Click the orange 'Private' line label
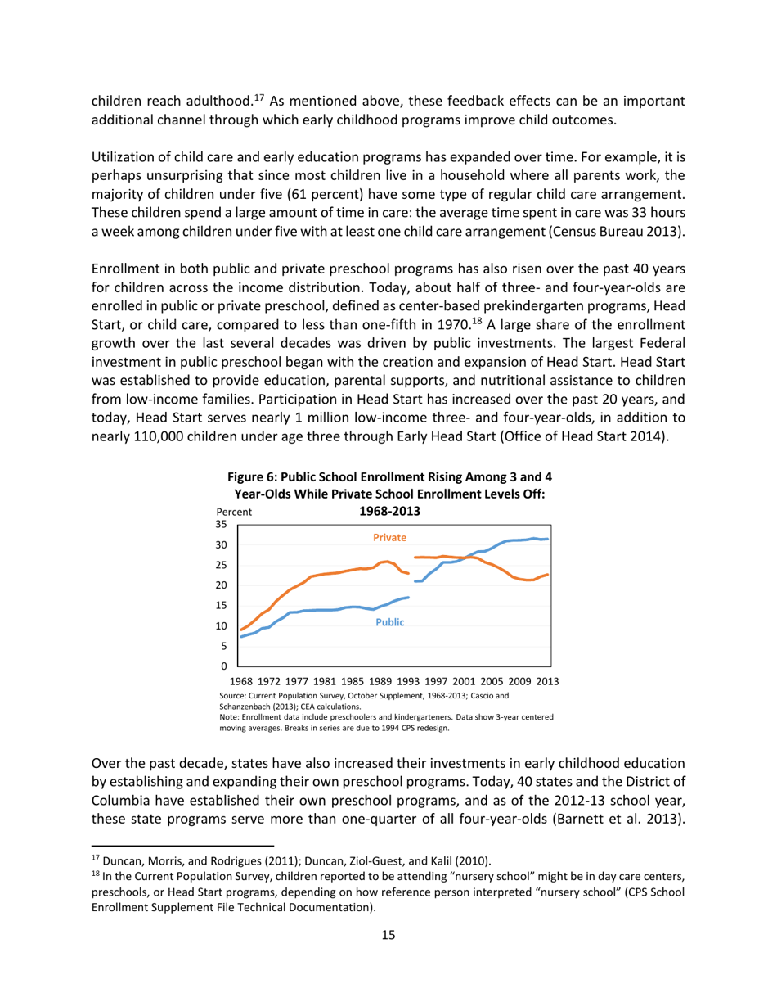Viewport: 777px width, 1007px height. tap(389, 538)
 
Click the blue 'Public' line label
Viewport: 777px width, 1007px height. tap(389, 622)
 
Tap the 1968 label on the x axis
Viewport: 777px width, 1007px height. tap(241, 681)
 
